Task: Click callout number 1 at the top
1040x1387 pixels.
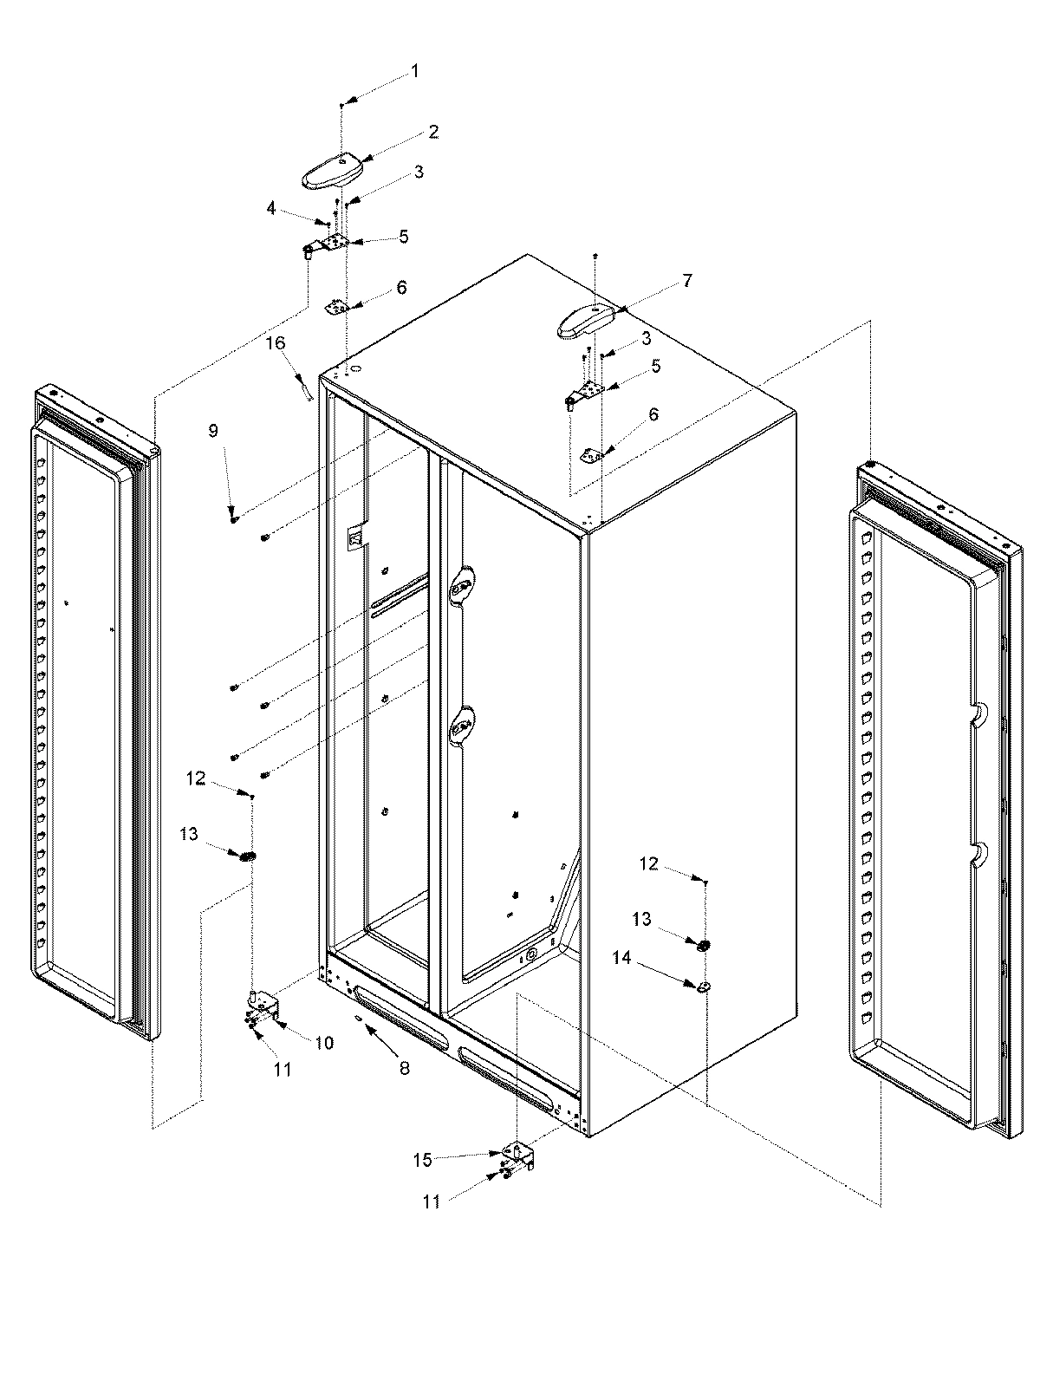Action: [x=414, y=71]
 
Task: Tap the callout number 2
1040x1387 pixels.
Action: [x=432, y=132]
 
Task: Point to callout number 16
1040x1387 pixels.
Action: [x=276, y=343]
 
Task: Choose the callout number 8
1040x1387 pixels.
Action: [x=405, y=1069]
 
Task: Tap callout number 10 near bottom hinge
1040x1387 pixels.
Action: [x=323, y=1043]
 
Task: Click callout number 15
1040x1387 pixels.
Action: [x=422, y=1160]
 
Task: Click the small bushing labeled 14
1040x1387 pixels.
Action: [x=704, y=987]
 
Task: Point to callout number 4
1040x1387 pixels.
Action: [x=271, y=208]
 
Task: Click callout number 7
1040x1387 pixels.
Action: [x=687, y=280]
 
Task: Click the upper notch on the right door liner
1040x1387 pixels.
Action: [x=977, y=713]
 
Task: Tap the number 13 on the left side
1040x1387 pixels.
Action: [x=189, y=834]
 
